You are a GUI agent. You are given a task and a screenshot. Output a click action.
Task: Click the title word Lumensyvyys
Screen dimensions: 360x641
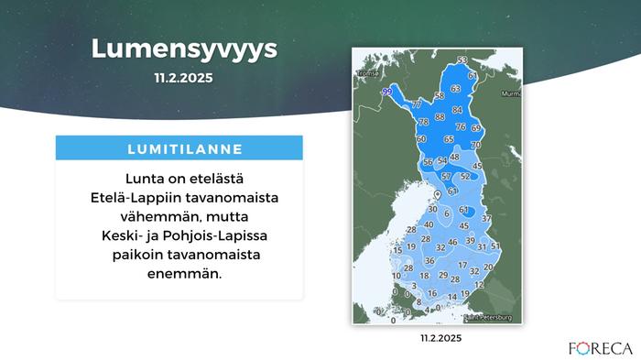coord(183,49)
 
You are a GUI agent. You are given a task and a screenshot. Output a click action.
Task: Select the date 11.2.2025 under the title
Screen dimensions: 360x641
coord(183,79)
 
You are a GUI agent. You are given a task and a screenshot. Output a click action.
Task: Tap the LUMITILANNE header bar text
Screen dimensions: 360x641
coord(179,147)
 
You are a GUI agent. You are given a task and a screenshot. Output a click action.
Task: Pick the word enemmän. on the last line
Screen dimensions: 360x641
coord(179,273)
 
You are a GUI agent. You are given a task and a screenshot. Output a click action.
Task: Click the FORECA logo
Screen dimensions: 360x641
coord(600,347)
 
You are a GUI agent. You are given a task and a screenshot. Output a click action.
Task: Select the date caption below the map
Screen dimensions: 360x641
coord(441,338)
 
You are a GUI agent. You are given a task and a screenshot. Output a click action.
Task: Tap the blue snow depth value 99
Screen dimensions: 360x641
coord(386,92)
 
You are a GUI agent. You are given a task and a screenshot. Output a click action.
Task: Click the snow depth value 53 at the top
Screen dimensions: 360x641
coord(462,60)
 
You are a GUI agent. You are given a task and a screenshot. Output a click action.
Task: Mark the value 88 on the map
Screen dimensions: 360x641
coord(440,117)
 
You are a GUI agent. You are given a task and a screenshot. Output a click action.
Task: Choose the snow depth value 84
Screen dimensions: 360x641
coord(457,110)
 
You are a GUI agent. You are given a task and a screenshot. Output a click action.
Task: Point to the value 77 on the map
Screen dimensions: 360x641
coord(417,104)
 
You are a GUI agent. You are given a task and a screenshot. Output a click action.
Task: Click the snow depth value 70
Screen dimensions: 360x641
coord(476,145)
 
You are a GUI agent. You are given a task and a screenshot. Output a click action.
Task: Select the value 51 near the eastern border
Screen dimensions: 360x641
coord(495,246)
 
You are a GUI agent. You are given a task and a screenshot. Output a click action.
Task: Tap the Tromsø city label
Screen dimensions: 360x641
coord(368,72)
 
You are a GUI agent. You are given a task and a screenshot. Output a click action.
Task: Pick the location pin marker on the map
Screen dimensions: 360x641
coord(436,195)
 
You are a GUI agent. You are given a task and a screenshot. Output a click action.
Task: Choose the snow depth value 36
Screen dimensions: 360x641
coord(429,262)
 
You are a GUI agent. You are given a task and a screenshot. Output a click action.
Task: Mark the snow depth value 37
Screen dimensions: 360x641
coord(486,218)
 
